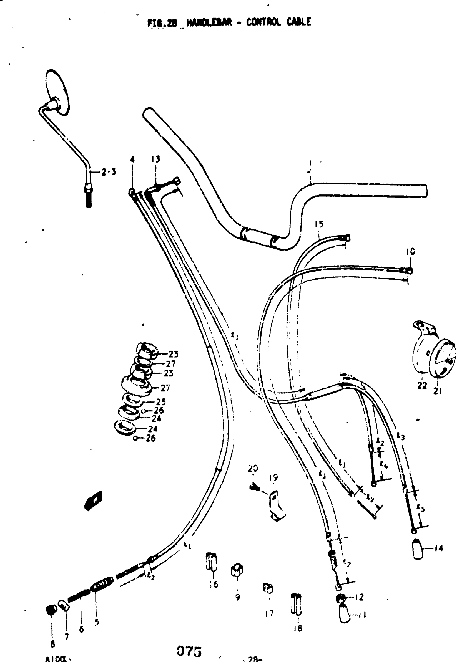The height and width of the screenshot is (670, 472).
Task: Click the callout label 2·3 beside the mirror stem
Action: (108, 172)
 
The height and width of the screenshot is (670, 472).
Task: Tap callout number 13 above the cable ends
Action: (156, 159)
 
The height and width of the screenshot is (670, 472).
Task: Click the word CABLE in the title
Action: (299, 22)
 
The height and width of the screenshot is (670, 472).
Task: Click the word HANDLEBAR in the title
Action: (209, 22)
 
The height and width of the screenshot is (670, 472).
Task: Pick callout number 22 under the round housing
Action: (422, 385)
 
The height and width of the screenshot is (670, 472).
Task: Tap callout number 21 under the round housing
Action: (437, 391)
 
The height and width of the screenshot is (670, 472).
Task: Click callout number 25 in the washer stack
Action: (161, 402)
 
